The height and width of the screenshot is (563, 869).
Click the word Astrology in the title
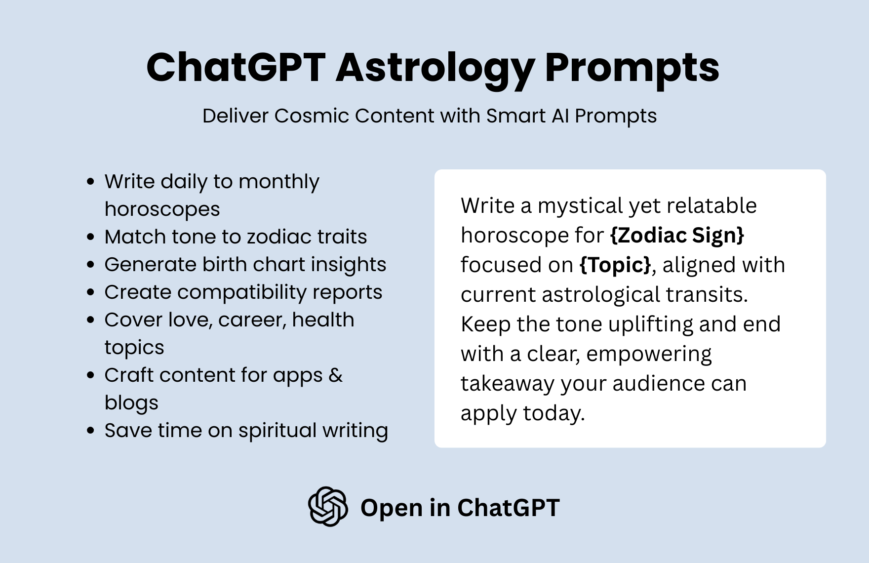(435, 68)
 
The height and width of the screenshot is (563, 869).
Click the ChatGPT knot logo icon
(328, 507)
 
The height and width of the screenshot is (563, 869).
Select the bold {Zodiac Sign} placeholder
(677, 235)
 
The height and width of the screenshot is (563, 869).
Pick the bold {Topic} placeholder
(615, 265)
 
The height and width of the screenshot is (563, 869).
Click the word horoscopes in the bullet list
(162, 209)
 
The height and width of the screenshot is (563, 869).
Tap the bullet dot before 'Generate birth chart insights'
(90, 265)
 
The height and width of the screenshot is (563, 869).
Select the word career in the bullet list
(252, 320)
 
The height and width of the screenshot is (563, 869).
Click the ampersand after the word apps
(335, 375)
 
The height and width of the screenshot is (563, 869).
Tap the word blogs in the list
(131, 403)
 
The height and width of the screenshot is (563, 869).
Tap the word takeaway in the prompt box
(508, 384)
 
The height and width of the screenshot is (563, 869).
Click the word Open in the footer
(391, 508)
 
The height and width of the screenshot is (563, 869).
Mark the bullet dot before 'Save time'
(90, 431)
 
